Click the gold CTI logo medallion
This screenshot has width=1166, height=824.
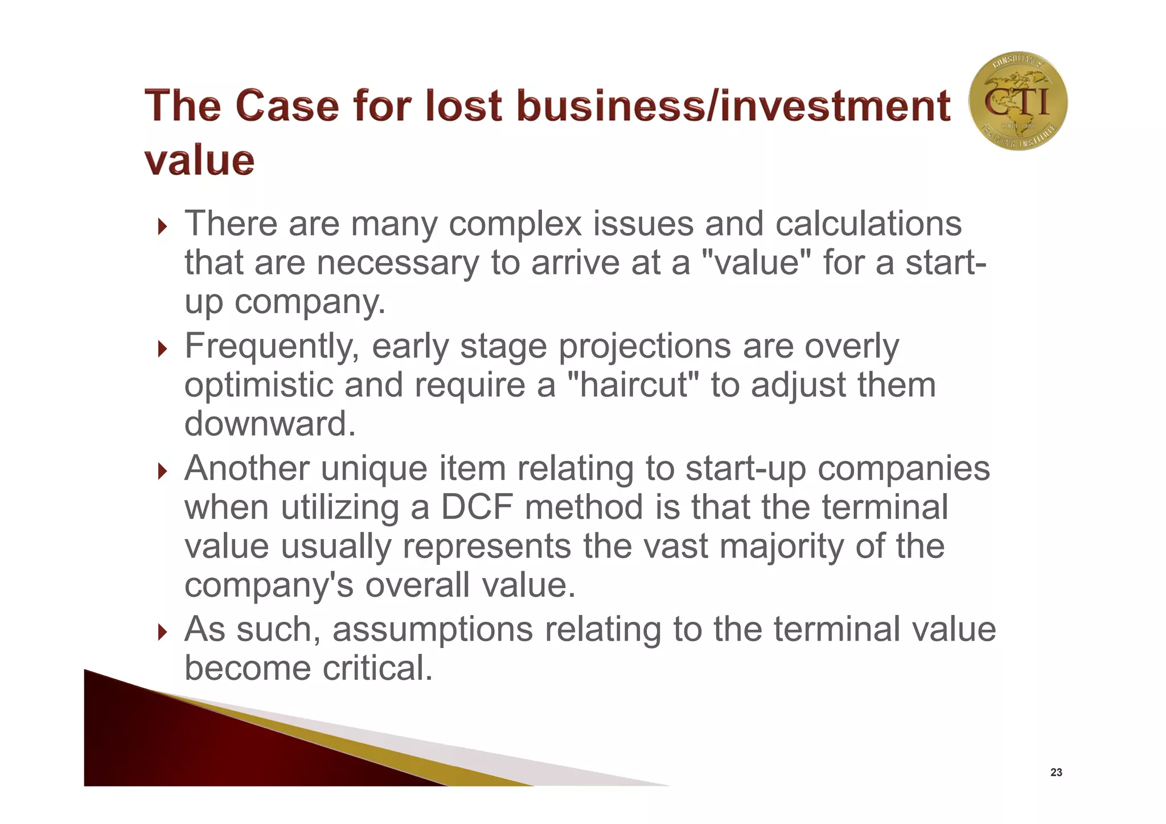click(x=1017, y=101)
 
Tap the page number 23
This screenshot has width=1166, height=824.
click(x=1056, y=772)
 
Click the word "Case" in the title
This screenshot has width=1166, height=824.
click(x=287, y=106)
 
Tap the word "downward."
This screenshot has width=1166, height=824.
click(x=270, y=424)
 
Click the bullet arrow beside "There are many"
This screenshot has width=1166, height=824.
click(x=163, y=227)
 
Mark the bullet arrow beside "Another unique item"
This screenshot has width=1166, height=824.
click(x=163, y=472)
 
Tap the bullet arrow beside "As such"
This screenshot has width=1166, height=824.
click(x=163, y=632)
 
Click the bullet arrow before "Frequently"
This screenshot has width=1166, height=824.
click(x=163, y=349)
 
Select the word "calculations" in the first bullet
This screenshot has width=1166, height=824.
click(x=868, y=223)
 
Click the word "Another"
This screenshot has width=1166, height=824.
click(x=247, y=468)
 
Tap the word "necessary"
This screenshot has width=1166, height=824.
click(x=398, y=263)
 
